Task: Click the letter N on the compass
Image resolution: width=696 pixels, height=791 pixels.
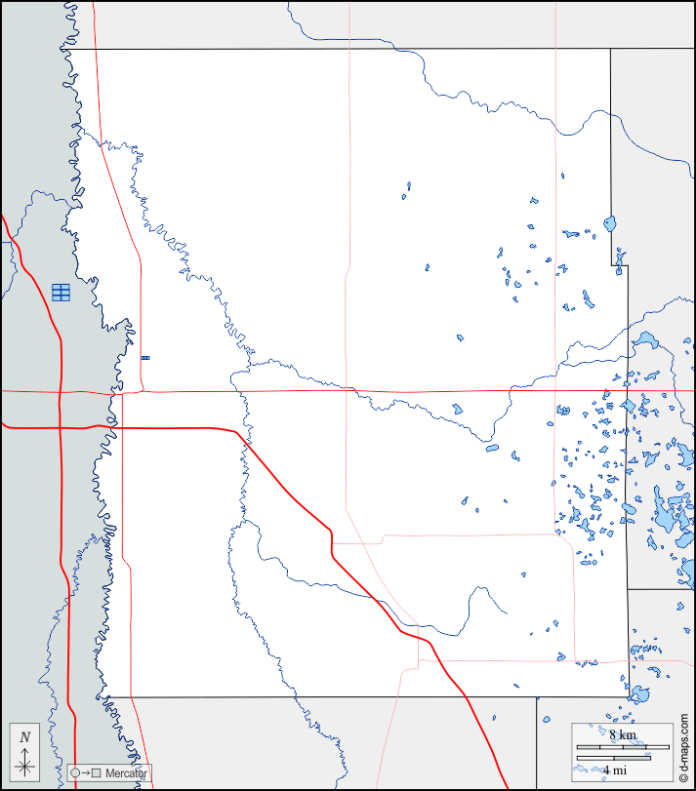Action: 25,737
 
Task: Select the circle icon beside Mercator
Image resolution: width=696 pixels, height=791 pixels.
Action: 76,773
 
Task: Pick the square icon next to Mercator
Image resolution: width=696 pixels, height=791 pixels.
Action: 96,773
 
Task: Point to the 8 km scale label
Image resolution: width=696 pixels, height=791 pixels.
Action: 622,734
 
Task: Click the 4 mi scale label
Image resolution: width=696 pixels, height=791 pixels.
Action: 614,771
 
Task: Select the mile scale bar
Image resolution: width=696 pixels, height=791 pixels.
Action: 614,758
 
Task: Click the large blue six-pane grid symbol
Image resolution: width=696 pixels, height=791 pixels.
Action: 61,292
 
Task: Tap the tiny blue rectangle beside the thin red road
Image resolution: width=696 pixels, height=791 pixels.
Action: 145,358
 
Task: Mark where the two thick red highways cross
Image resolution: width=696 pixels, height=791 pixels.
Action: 60,426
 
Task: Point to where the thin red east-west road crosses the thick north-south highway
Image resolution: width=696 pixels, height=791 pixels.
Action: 60,391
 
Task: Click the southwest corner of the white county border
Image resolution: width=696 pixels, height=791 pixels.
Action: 106,696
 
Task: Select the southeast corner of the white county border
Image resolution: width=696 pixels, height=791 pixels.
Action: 627,696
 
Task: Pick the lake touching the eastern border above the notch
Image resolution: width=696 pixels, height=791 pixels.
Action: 610,223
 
